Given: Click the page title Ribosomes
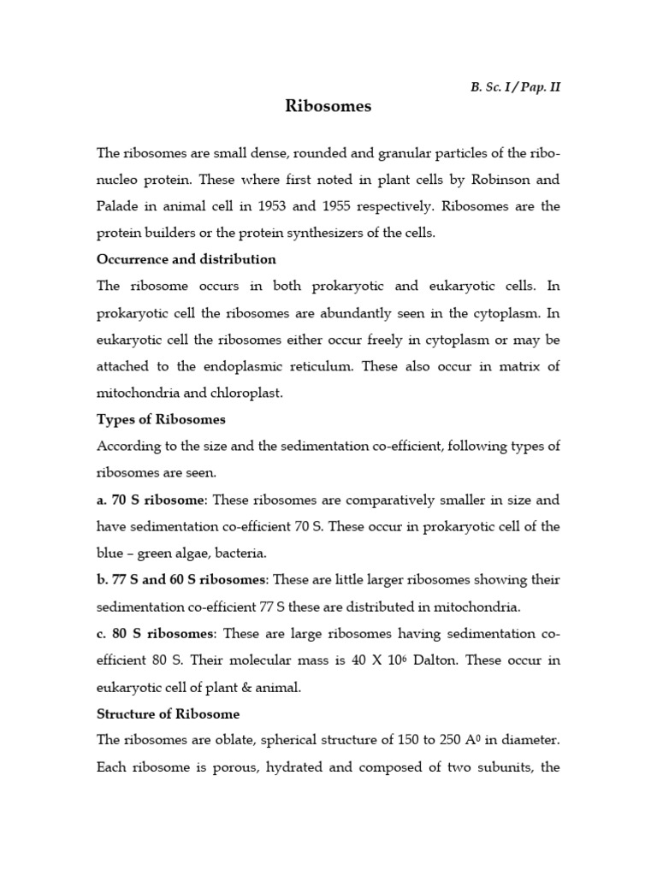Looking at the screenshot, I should pyautogui.click(x=328, y=107).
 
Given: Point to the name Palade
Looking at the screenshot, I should pyautogui.click(x=118, y=206).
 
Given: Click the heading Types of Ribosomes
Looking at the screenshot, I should pyautogui.click(x=161, y=419).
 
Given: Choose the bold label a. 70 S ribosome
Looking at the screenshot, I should pyautogui.click(x=151, y=499).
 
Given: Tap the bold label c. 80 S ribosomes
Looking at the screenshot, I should pyautogui.click(x=155, y=632).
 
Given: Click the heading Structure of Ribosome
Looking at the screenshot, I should pyautogui.click(x=168, y=713).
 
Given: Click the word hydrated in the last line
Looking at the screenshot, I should pyautogui.click(x=323, y=766).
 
